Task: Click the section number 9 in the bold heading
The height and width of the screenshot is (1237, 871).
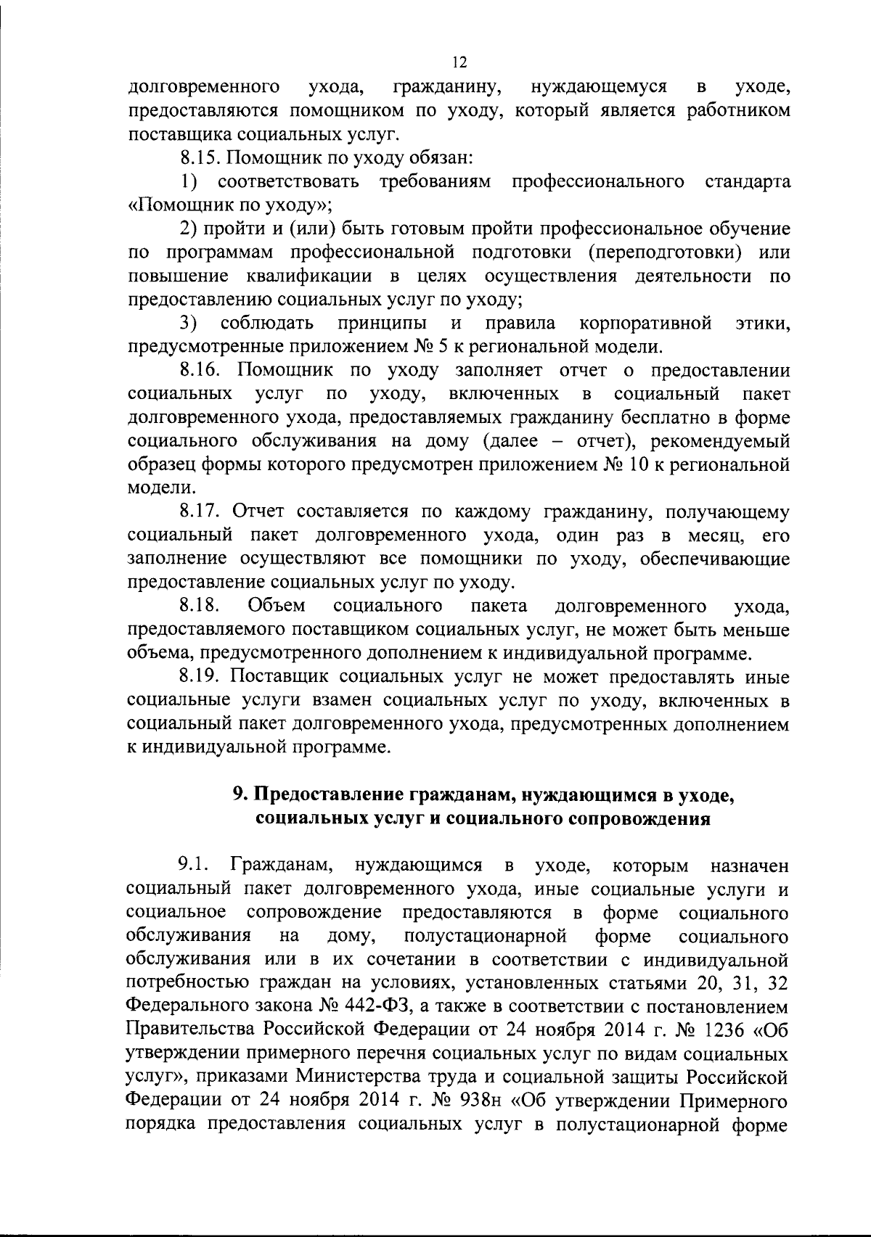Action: pyautogui.click(x=237, y=795)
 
